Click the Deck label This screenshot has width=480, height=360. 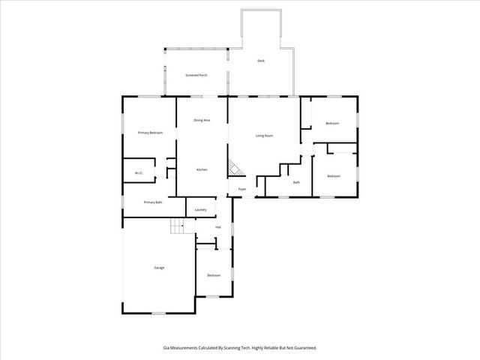tap(261, 61)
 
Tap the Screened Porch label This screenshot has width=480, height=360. tap(196, 76)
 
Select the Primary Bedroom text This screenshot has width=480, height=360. tap(150, 132)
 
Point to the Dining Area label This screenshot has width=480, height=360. tap(202, 120)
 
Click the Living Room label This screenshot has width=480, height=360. tap(264, 136)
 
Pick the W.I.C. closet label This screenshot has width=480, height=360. tap(139, 173)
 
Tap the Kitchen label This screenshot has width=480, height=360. tap(202, 169)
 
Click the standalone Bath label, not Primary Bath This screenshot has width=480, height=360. tap(296, 182)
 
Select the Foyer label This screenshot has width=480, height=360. tap(242, 189)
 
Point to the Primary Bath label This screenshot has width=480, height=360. tap(153, 202)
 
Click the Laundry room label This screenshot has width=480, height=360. tap(200, 210)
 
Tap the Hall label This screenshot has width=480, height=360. tap(217, 226)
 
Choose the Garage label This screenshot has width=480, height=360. tap(159, 268)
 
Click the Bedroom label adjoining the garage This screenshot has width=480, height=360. tap(214, 275)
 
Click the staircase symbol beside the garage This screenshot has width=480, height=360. tap(176, 226)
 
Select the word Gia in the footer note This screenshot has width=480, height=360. tap(166, 347)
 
